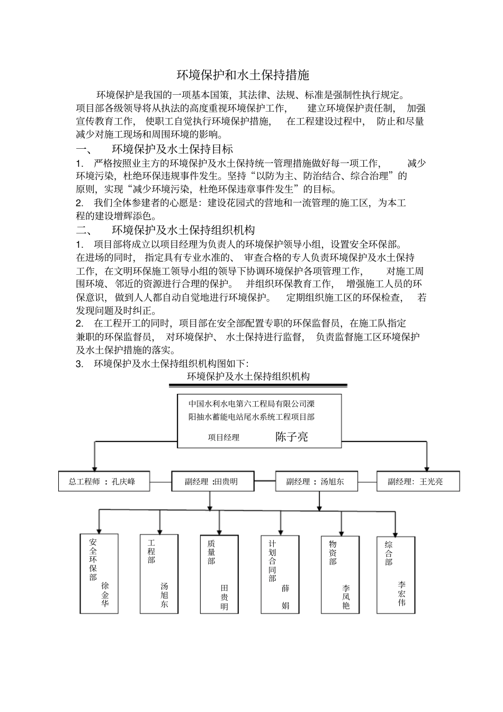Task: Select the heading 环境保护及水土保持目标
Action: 172,149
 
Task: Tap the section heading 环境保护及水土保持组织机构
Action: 183,230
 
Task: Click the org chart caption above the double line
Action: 248,376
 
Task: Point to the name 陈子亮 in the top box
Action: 291,437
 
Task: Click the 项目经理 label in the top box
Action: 223,438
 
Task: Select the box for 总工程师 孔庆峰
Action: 104,482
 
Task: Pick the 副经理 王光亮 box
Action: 418,482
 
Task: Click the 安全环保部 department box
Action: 98,573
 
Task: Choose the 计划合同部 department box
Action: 280,573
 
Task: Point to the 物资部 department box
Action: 340,573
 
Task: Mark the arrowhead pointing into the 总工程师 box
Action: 95,467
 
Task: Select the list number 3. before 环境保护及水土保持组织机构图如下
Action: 79,364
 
